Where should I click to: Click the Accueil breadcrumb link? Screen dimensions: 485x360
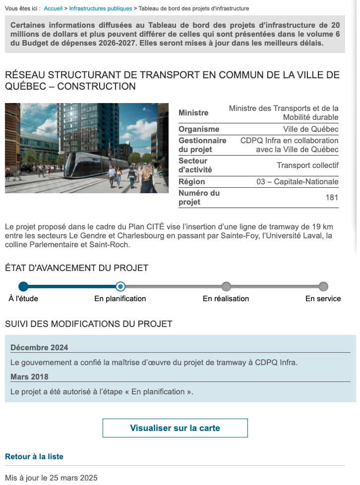(x=53, y=8)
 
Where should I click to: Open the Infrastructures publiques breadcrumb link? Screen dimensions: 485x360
(x=100, y=8)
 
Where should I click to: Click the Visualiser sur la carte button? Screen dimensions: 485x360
(x=175, y=428)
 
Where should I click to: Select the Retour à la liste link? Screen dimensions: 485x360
(x=34, y=456)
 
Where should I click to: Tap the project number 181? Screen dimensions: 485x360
(x=332, y=198)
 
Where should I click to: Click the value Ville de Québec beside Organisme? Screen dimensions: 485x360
(x=311, y=129)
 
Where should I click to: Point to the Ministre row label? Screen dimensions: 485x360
(x=193, y=113)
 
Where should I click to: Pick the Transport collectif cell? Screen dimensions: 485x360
(x=307, y=165)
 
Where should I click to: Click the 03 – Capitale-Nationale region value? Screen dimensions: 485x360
(x=297, y=182)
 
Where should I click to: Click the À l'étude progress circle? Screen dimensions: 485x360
(x=23, y=286)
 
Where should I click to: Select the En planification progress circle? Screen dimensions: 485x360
(x=120, y=286)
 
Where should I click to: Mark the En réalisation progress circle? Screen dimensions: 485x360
(x=226, y=286)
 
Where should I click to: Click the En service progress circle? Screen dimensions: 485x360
(x=323, y=286)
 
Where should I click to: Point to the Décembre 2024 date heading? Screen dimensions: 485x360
(x=39, y=347)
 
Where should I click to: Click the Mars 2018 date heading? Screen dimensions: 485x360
(x=29, y=377)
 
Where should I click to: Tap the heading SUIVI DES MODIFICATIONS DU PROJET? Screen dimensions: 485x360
(x=89, y=324)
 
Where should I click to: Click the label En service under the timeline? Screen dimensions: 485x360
(x=323, y=299)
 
